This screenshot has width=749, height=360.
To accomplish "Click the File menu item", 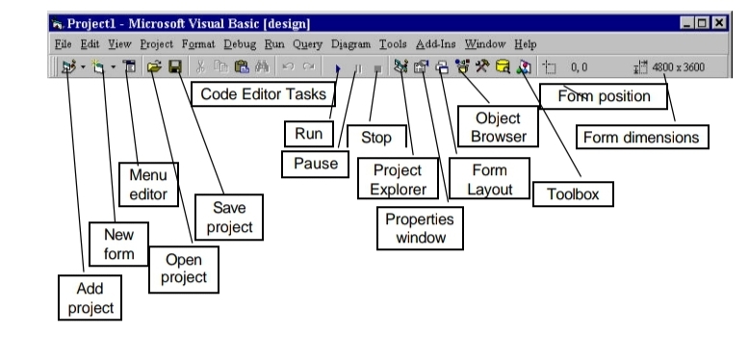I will click(x=63, y=44).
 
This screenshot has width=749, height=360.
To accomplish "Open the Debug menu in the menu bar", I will click(x=241, y=44).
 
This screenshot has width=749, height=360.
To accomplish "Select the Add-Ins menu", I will click(x=437, y=44).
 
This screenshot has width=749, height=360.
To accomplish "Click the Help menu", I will click(x=526, y=44).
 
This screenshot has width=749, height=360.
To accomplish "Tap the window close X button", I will click(x=717, y=22).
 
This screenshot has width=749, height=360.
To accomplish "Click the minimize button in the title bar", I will click(x=686, y=22).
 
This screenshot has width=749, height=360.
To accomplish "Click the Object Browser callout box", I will click(x=498, y=127).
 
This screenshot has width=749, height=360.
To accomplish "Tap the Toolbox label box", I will click(x=573, y=193).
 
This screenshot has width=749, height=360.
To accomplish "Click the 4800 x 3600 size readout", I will click(x=684, y=68).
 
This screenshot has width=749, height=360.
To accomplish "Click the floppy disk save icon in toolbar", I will click(x=175, y=68).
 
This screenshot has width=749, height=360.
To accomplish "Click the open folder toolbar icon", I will click(x=153, y=68).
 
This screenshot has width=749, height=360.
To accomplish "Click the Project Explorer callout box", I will click(x=391, y=180).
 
